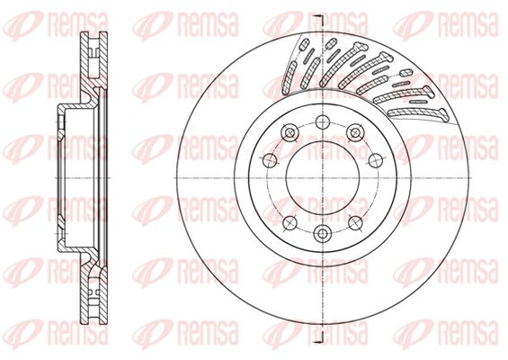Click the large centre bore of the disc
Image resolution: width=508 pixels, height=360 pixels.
[x=323, y=177]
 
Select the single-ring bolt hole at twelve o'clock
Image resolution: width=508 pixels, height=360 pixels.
[x=323, y=122]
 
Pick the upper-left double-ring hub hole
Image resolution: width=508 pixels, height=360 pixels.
[x=290, y=132]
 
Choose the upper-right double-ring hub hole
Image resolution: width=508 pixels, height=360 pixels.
[x=355, y=132]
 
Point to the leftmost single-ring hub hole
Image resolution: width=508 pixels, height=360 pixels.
[x=270, y=159]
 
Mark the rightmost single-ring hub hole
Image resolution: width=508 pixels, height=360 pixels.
[x=376, y=159]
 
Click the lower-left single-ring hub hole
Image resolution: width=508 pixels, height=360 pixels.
[x=290, y=223]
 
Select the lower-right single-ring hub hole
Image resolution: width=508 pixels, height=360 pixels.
[x=355, y=223]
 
